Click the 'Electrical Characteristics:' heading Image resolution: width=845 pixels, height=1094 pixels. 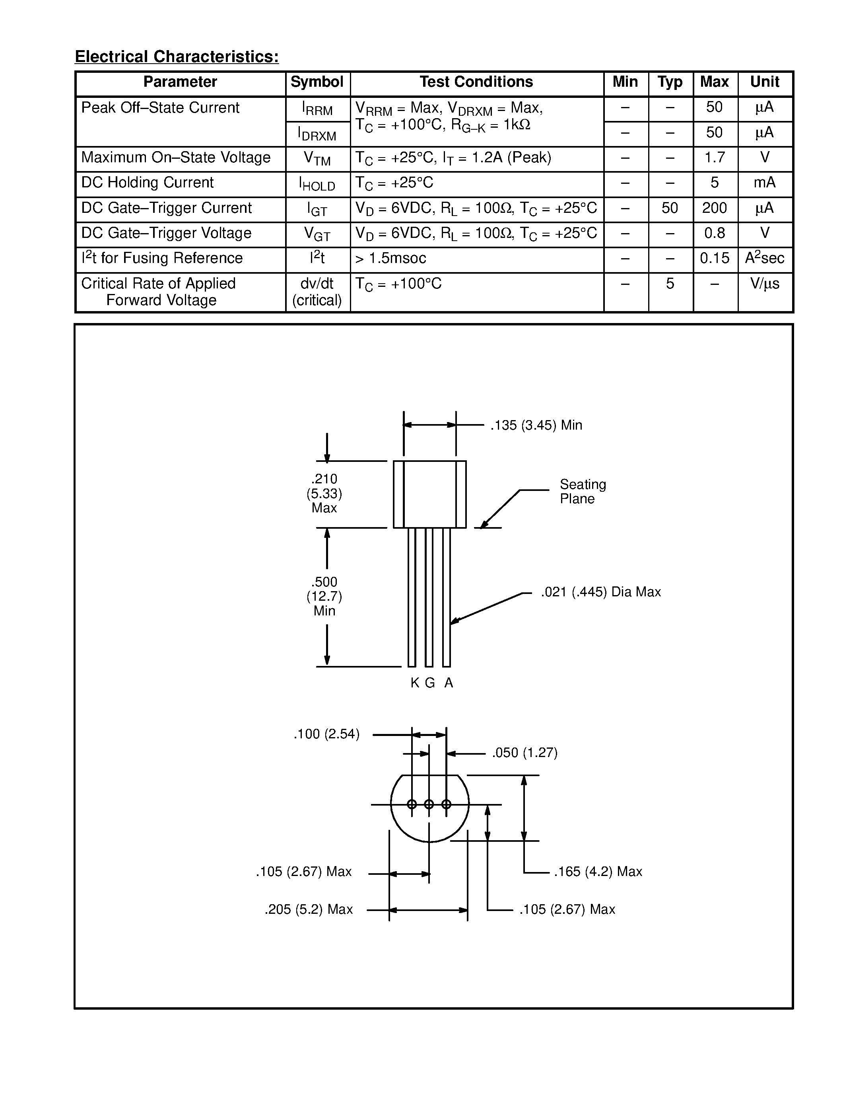pos(177,56)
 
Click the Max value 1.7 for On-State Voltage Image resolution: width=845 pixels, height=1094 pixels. pos(714,158)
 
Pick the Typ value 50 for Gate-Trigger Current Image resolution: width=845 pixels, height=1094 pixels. pos(670,208)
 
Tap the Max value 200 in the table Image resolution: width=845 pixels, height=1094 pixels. pos(714,208)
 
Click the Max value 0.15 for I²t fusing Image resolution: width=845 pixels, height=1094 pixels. pos(714,259)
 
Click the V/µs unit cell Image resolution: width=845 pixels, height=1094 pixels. pos(764,284)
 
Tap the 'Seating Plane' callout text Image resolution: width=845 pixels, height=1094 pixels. pos(582,491)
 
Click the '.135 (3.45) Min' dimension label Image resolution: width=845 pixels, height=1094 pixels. pos(536,425)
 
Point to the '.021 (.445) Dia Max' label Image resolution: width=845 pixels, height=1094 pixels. pos(601,592)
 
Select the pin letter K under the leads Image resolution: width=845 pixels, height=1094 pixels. pos(414,683)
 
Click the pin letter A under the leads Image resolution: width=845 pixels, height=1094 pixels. pos(449,683)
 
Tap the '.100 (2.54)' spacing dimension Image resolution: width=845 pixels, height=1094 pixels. pos(326,734)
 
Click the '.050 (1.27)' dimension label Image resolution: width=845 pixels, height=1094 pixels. pos(524,753)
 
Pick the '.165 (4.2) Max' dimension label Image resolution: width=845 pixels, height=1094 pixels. pos(598,872)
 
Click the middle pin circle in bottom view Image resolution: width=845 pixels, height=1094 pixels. pos(429,804)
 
